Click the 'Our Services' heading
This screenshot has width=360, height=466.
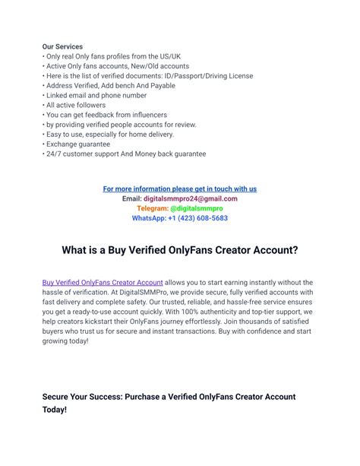[62, 47]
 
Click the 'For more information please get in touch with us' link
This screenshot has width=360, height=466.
[180, 189]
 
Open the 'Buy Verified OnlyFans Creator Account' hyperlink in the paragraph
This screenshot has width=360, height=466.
[103, 282]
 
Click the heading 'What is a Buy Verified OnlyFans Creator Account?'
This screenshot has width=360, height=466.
[180, 249]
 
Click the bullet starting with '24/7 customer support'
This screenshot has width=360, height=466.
[125, 154]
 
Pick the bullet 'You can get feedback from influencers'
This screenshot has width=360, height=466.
[109, 115]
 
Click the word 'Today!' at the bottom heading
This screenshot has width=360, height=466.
[55, 410]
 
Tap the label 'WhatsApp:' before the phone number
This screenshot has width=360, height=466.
[149, 218]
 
